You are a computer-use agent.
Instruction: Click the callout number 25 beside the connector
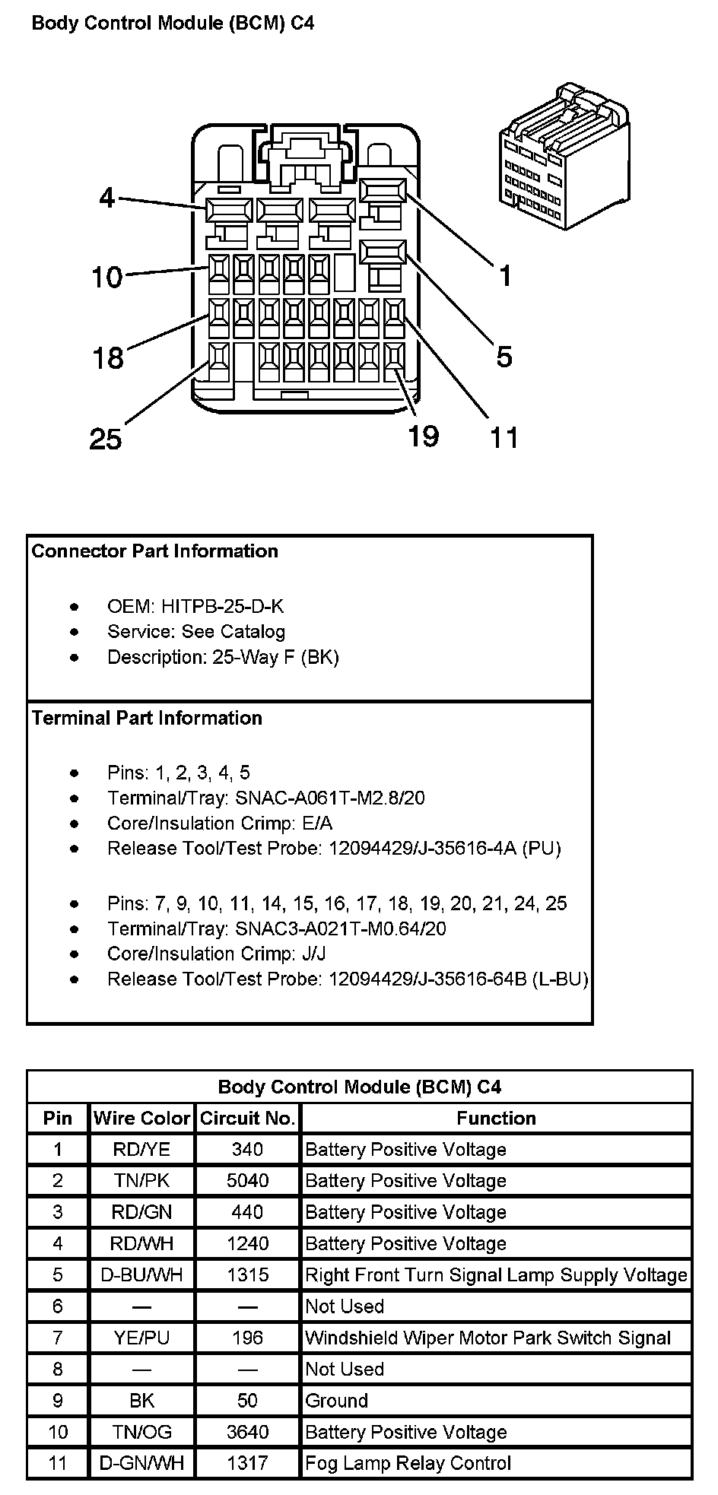106,439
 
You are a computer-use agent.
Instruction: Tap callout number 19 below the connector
424,436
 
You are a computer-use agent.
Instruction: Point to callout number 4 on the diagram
107,198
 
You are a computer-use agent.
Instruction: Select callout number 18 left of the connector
108,357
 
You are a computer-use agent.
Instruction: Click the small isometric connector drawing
564,156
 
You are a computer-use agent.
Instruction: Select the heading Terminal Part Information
147,718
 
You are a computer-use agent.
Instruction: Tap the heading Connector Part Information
155,551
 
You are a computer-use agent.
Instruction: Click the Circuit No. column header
247,1118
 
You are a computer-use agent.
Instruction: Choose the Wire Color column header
141,1118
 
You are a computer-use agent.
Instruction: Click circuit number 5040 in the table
247,1180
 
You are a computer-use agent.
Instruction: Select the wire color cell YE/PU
141,1338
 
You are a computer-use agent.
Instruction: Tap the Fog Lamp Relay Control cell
408,1463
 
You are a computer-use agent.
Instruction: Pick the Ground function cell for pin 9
336,1401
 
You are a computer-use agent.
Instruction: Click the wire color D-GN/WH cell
141,1463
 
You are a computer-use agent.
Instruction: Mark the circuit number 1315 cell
247,1274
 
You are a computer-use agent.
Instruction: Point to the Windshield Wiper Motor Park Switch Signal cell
488,1338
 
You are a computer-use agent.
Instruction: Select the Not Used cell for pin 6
345,1306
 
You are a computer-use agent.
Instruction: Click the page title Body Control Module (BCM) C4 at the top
173,24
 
